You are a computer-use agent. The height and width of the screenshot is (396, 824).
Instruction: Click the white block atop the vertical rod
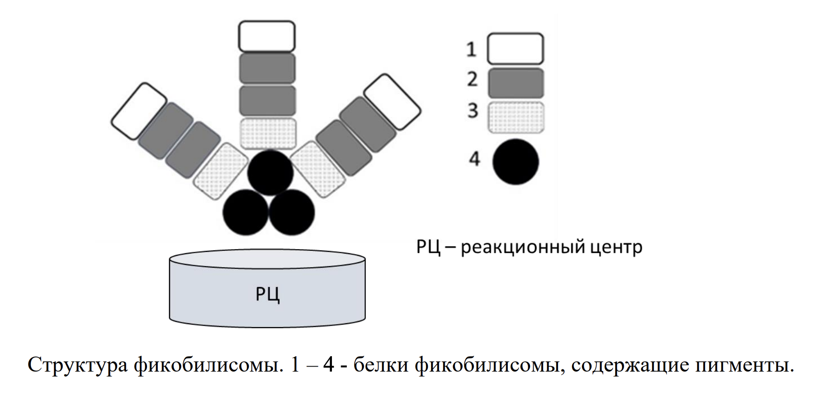[267, 36]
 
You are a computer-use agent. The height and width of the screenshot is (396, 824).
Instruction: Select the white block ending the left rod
[139, 111]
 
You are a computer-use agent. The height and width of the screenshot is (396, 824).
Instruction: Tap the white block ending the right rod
[392, 102]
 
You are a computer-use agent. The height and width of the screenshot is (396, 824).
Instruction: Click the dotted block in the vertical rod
[268, 133]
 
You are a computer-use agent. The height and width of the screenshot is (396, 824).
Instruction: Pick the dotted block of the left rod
[221, 171]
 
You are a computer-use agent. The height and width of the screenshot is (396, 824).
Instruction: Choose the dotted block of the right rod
[317, 169]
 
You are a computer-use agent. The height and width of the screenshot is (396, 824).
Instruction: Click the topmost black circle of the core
[270, 173]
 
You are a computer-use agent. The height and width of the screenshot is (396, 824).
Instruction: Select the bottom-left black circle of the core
[246, 212]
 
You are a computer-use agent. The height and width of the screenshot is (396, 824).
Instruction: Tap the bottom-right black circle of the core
[292, 212]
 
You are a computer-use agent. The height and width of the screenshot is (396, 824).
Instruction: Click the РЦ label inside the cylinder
[267, 294]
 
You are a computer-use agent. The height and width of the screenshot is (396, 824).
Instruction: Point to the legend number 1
[471, 49]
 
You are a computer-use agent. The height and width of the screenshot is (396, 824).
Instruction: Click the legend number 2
[472, 80]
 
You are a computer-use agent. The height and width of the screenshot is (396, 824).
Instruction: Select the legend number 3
[473, 110]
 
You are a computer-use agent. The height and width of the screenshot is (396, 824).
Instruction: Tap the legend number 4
[474, 159]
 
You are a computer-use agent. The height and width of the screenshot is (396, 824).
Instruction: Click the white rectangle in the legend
[515, 48]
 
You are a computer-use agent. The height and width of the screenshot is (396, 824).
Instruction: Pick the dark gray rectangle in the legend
[516, 83]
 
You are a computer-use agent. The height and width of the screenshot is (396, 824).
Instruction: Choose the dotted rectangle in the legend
[516, 117]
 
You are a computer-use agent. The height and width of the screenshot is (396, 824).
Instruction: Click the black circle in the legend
[516, 161]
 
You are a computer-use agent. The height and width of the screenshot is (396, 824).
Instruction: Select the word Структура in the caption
[78, 365]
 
